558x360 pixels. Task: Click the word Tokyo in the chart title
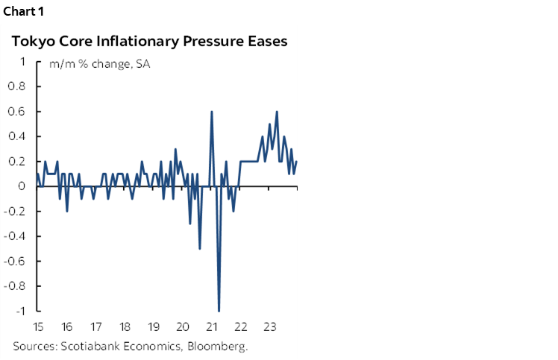coord(31,42)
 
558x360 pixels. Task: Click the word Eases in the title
coord(265,42)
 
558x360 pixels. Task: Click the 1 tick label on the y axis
coord(24,62)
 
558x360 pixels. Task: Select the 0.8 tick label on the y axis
coord(16,86)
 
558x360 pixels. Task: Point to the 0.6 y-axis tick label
coord(16,112)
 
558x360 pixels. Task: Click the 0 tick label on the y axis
coord(24,186)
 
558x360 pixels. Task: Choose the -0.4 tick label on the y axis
coord(15,236)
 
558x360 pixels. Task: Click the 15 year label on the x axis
coord(37,326)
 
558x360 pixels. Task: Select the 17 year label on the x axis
coord(95,326)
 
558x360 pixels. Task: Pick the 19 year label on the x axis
coord(154,326)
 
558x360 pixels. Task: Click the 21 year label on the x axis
coord(212,326)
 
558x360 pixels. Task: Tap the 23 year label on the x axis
coord(270,326)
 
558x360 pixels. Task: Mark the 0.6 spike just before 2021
coord(212,112)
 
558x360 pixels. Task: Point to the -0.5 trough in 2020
coord(199,248)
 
